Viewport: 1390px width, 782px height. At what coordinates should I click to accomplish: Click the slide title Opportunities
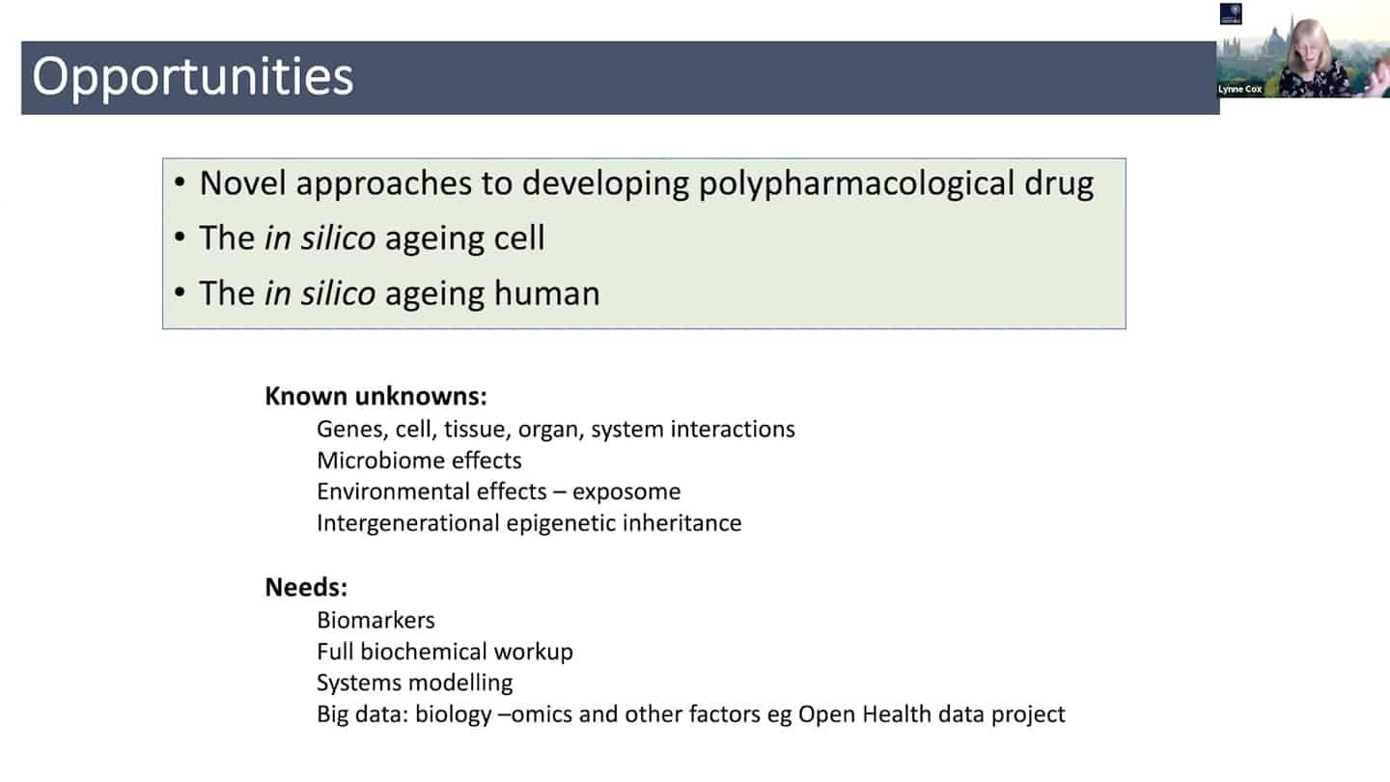[x=192, y=77]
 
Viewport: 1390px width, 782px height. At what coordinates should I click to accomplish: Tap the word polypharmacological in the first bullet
[x=856, y=184]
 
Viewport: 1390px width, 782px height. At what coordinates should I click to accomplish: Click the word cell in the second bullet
[x=518, y=237]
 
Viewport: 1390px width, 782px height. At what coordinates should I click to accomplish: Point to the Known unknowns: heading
[x=376, y=396]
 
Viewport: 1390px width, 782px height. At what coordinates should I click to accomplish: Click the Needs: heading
[x=306, y=587]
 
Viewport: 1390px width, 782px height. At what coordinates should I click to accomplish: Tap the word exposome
[x=626, y=492]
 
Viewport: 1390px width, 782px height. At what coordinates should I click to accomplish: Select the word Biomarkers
[x=376, y=620]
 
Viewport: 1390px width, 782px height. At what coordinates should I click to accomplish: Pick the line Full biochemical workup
[x=445, y=652]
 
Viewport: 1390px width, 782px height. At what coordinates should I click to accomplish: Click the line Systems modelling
[x=415, y=683]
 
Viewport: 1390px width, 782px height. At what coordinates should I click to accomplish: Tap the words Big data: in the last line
[x=363, y=714]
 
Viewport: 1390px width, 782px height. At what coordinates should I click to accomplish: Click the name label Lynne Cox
[x=1239, y=90]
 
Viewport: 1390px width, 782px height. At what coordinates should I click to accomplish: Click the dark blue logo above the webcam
[x=1231, y=14]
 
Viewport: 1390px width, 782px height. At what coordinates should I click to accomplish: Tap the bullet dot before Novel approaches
[x=180, y=182]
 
